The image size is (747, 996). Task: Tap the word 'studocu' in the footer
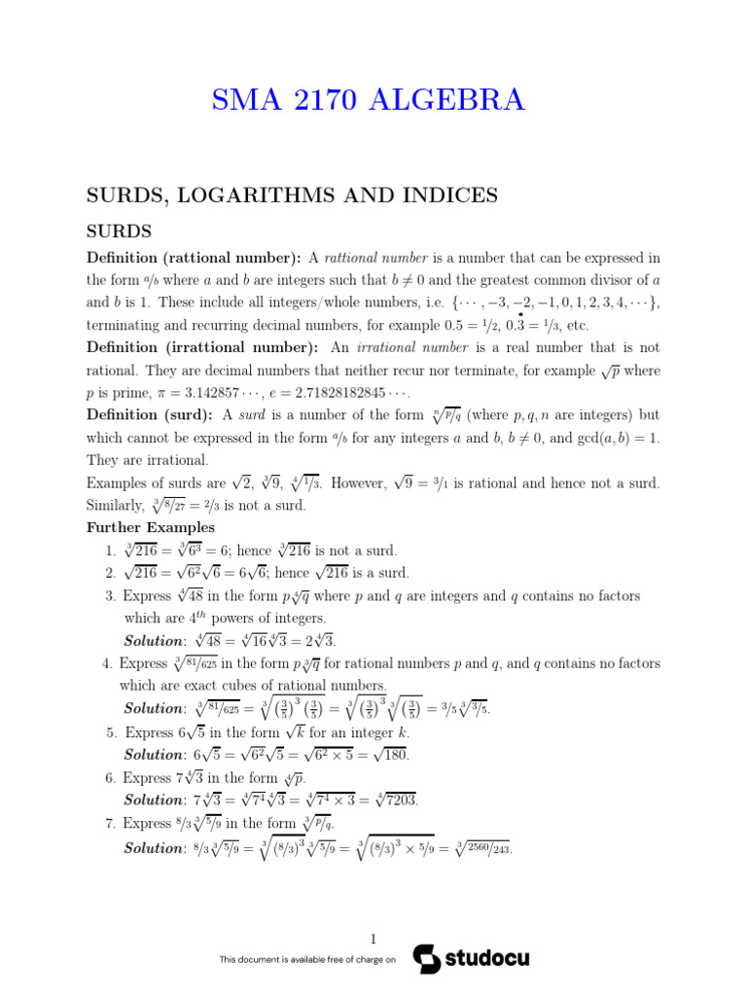tap(487, 958)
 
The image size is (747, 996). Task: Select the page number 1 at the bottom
tap(373, 939)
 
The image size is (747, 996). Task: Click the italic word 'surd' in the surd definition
tap(252, 415)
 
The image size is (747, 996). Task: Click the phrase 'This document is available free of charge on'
tap(307, 960)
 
